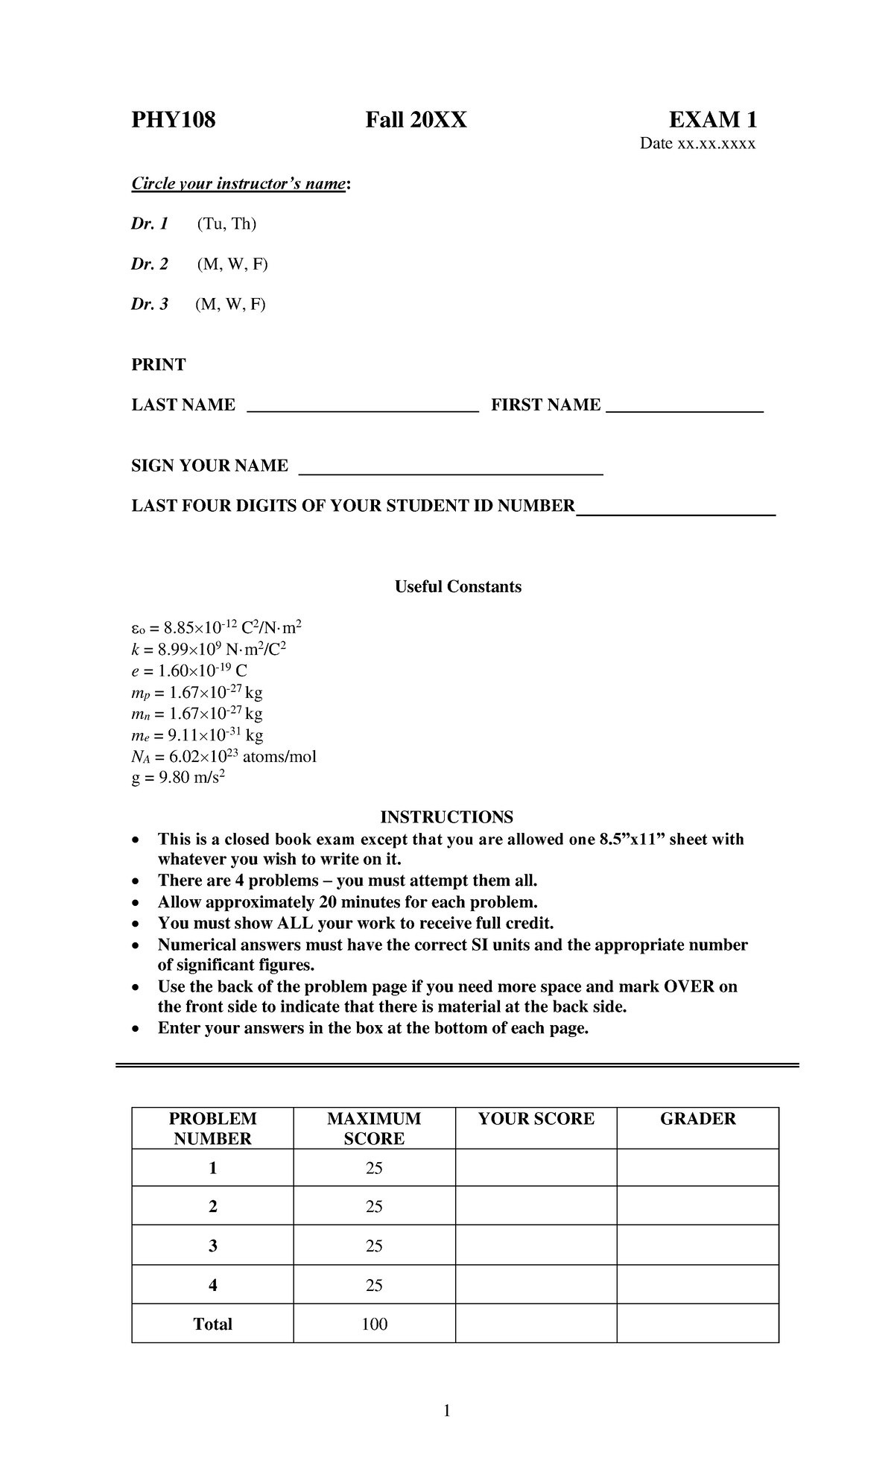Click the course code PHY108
(173, 120)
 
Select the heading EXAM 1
(712, 120)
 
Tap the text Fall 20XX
(416, 120)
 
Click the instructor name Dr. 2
(150, 264)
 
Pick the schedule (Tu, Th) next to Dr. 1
(226, 223)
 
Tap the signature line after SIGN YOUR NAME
(450, 470)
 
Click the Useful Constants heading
(457, 587)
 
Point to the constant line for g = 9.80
(178, 778)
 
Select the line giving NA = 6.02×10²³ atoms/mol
(223, 757)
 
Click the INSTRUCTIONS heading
(446, 817)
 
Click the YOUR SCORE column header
(536, 1119)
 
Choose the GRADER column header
(697, 1119)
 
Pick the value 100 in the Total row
(374, 1324)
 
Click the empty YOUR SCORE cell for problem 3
(536, 1246)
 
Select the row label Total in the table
(212, 1324)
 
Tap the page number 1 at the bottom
(446, 1410)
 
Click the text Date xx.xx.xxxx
(697, 144)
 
